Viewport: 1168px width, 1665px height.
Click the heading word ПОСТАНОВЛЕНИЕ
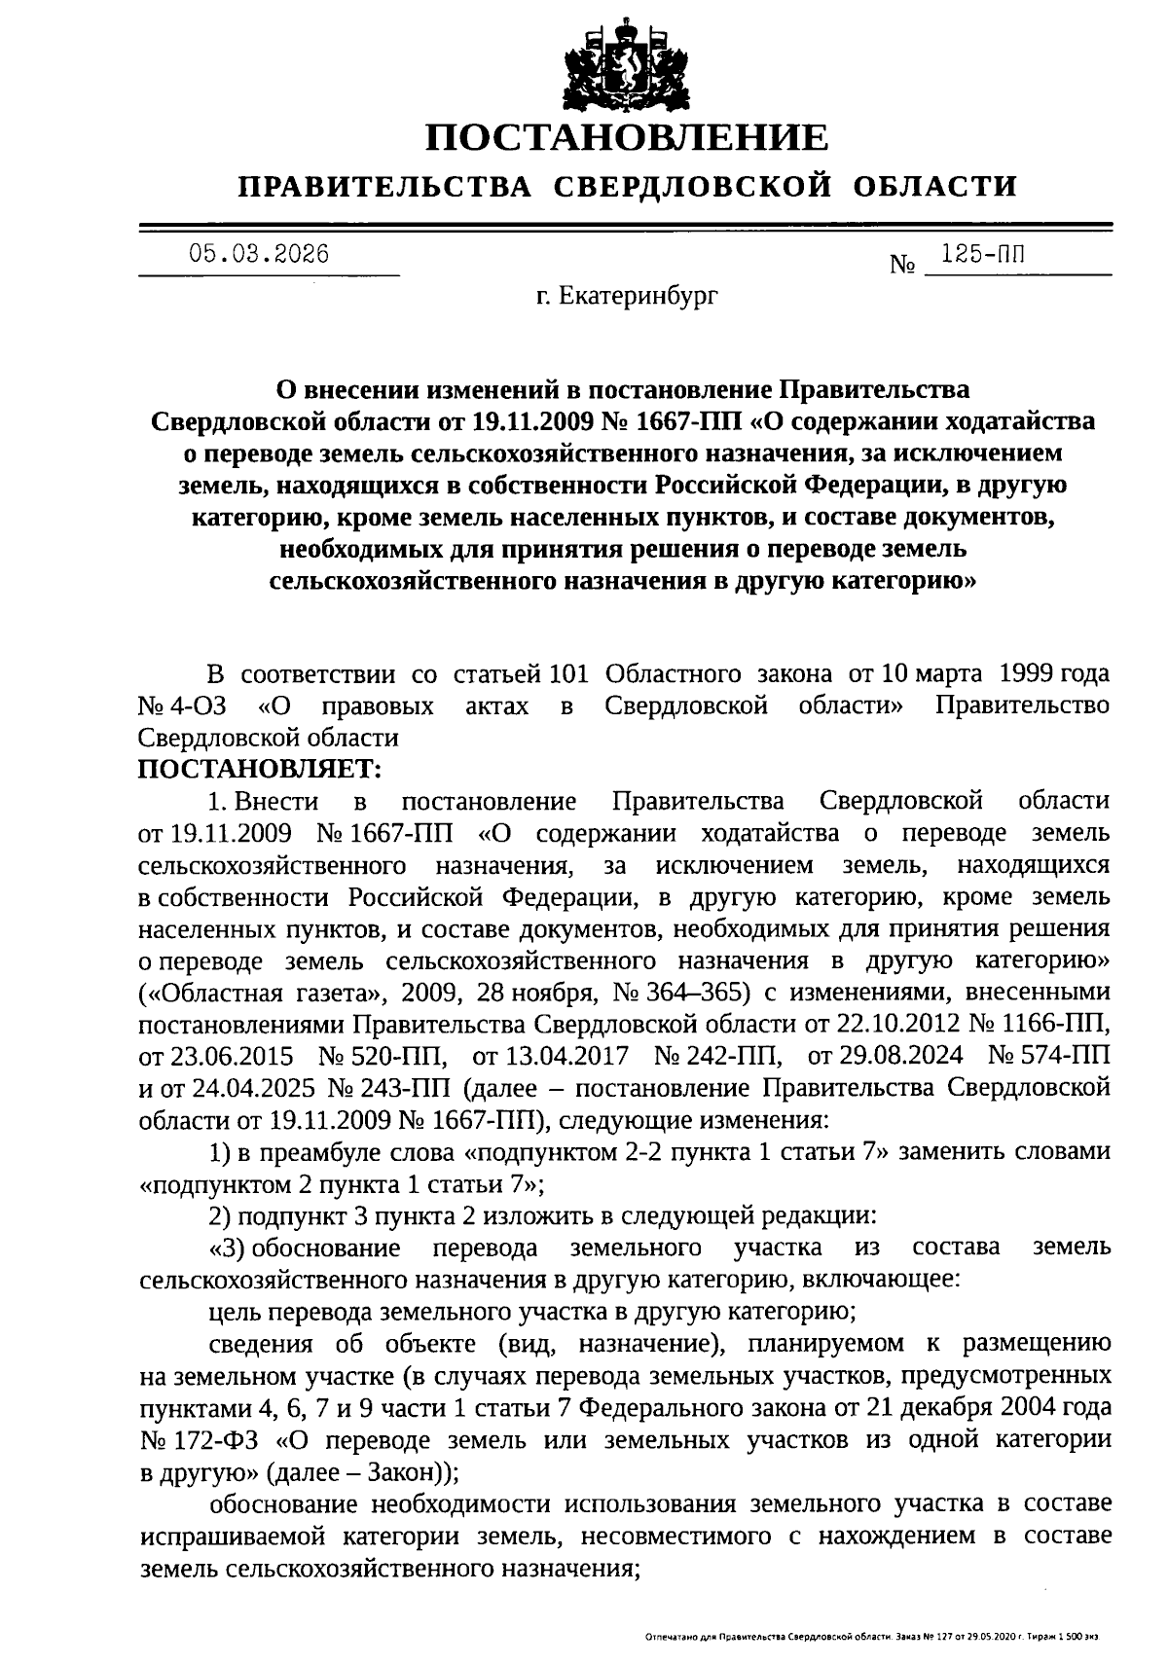[627, 137]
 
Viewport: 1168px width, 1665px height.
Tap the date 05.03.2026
[259, 255]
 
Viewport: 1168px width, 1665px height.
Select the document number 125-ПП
[983, 255]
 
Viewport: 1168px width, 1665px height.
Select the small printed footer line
[872, 1639]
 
